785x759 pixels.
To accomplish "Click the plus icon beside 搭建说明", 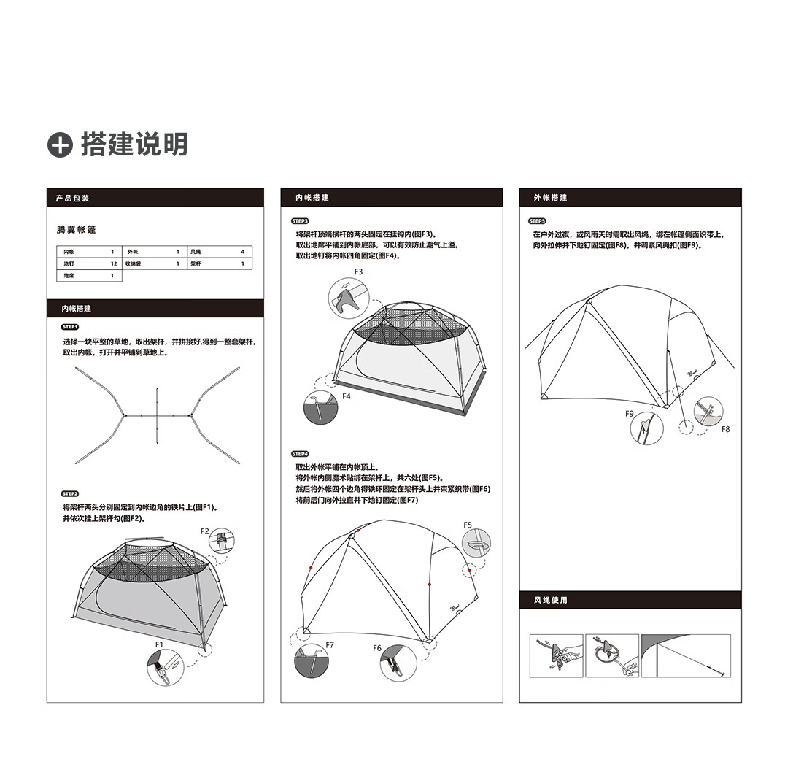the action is [x=60, y=145].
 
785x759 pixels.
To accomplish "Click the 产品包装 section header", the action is [x=72, y=199].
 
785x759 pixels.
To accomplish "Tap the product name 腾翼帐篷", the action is [x=76, y=230].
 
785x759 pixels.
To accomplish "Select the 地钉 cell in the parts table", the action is [x=69, y=263].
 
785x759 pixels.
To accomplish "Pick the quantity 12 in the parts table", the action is [x=114, y=263].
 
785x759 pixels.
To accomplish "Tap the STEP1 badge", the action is [x=70, y=327].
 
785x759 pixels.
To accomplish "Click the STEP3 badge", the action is [x=300, y=220].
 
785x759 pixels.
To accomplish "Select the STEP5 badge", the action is [x=537, y=220].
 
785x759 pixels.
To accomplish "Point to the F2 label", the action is [x=205, y=531].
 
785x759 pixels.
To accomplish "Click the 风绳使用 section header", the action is [x=550, y=601].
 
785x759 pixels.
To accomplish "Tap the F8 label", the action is [x=725, y=429].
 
